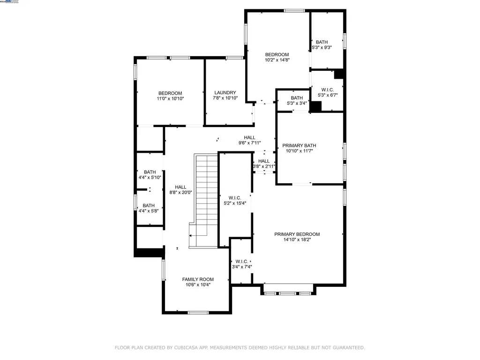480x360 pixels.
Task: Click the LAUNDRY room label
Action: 225,93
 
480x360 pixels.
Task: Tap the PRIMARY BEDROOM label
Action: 297,234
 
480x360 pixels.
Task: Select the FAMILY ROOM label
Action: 197,279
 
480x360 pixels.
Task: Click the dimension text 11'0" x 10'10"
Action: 170,99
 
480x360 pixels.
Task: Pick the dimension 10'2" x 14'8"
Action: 277,60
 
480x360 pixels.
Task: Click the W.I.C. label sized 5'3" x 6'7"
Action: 327,90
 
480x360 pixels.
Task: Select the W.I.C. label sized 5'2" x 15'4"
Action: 234,198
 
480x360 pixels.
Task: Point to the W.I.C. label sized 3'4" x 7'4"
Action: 242,262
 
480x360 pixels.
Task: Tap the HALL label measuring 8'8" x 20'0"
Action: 180,187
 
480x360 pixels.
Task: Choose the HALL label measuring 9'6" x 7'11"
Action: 249,137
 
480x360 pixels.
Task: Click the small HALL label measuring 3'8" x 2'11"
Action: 263,161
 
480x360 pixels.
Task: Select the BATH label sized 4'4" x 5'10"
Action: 150,172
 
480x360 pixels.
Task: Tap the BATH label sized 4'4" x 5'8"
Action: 149,205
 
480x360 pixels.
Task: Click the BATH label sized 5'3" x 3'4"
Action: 297,98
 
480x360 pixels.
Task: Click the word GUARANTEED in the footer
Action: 346,348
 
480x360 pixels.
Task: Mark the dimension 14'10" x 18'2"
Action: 297,240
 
